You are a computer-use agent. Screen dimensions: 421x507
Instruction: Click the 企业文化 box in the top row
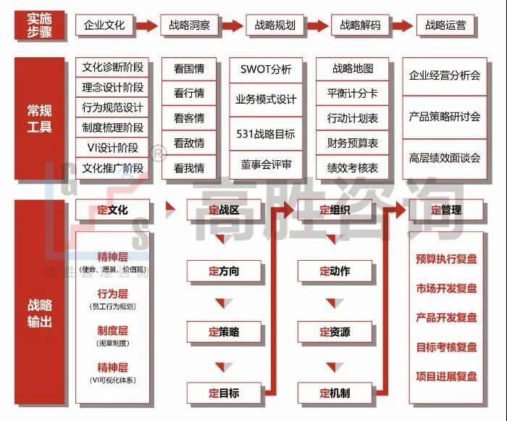tap(104, 25)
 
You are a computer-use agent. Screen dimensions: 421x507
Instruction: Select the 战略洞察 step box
tap(190, 25)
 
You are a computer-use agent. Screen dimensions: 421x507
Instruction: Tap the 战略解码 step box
tap(360, 25)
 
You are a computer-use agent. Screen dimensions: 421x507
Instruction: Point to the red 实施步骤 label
tap(40, 25)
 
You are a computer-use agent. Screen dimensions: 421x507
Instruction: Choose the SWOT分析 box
tap(266, 70)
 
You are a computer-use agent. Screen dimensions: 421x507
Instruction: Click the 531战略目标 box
tap(266, 134)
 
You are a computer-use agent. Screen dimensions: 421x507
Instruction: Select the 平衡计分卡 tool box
tap(353, 93)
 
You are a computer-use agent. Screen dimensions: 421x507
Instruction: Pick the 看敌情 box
tap(189, 143)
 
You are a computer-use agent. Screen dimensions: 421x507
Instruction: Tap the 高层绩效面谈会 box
tap(445, 157)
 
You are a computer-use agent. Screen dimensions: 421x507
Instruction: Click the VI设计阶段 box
tap(113, 148)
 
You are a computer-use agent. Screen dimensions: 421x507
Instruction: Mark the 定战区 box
tap(224, 211)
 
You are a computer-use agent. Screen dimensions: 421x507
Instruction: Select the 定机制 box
tap(335, 393)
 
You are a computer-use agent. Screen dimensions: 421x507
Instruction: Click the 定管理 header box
tap(446, 211)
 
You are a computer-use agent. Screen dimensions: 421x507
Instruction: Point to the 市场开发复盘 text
tap(446, 288)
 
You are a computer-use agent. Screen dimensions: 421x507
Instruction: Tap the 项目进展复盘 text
tap(446, 376)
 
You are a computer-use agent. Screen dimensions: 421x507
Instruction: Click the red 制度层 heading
tap(113, 330)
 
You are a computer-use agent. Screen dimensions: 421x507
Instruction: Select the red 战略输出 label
tap(40, 312)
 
